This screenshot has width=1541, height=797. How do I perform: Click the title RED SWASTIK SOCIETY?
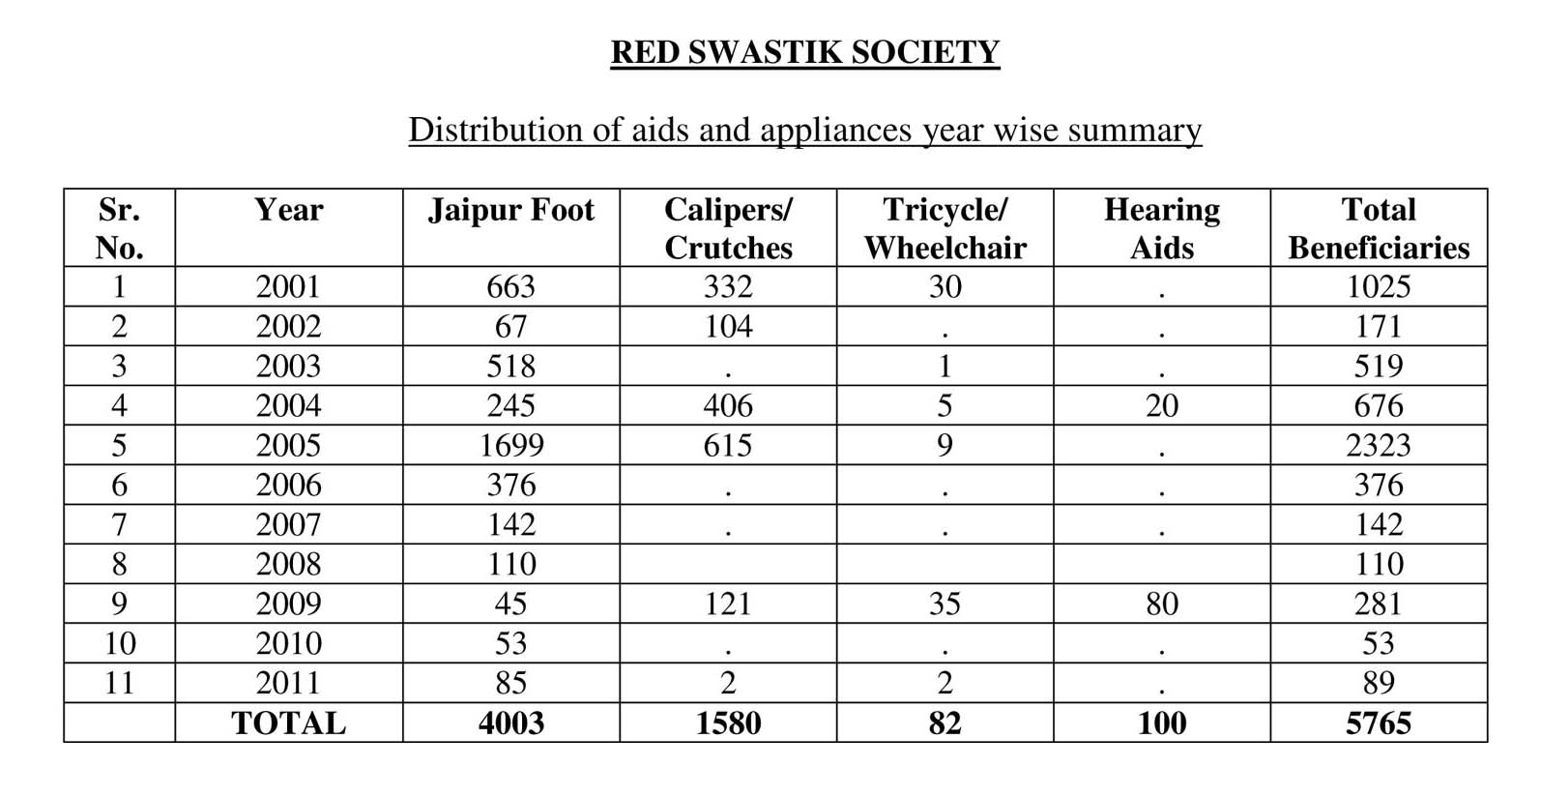pos(804,51)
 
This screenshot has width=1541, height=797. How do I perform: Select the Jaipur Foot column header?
pos(510,210)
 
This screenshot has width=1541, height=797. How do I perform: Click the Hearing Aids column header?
pos(1161,228)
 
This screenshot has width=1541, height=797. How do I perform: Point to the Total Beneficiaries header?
pos(1378,228)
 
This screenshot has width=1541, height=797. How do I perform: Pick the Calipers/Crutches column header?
pos(728,228)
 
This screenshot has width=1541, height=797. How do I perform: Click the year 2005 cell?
pos(288,445)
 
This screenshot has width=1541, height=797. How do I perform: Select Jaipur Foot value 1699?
pos(510,445)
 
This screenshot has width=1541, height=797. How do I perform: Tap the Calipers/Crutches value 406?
pos(728,405)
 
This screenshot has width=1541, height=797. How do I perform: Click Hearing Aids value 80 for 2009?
pos(1161,604)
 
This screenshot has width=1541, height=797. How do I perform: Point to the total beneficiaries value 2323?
pos(1378,445)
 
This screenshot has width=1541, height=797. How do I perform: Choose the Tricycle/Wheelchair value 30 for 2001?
pos(945,286)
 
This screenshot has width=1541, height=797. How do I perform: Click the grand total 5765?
pos(1378,723)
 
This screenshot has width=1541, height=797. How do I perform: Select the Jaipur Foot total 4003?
pos(510,723)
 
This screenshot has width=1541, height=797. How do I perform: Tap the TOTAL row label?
pos(288,723)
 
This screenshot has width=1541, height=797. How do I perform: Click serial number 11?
pos(119,683)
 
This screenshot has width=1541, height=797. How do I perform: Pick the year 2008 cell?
pos(288,564)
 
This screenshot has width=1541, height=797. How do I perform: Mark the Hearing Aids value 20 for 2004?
pos(1161,405)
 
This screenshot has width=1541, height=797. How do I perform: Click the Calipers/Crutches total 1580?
pos(728,723)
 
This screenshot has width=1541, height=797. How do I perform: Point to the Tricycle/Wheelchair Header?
pos(945,228)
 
